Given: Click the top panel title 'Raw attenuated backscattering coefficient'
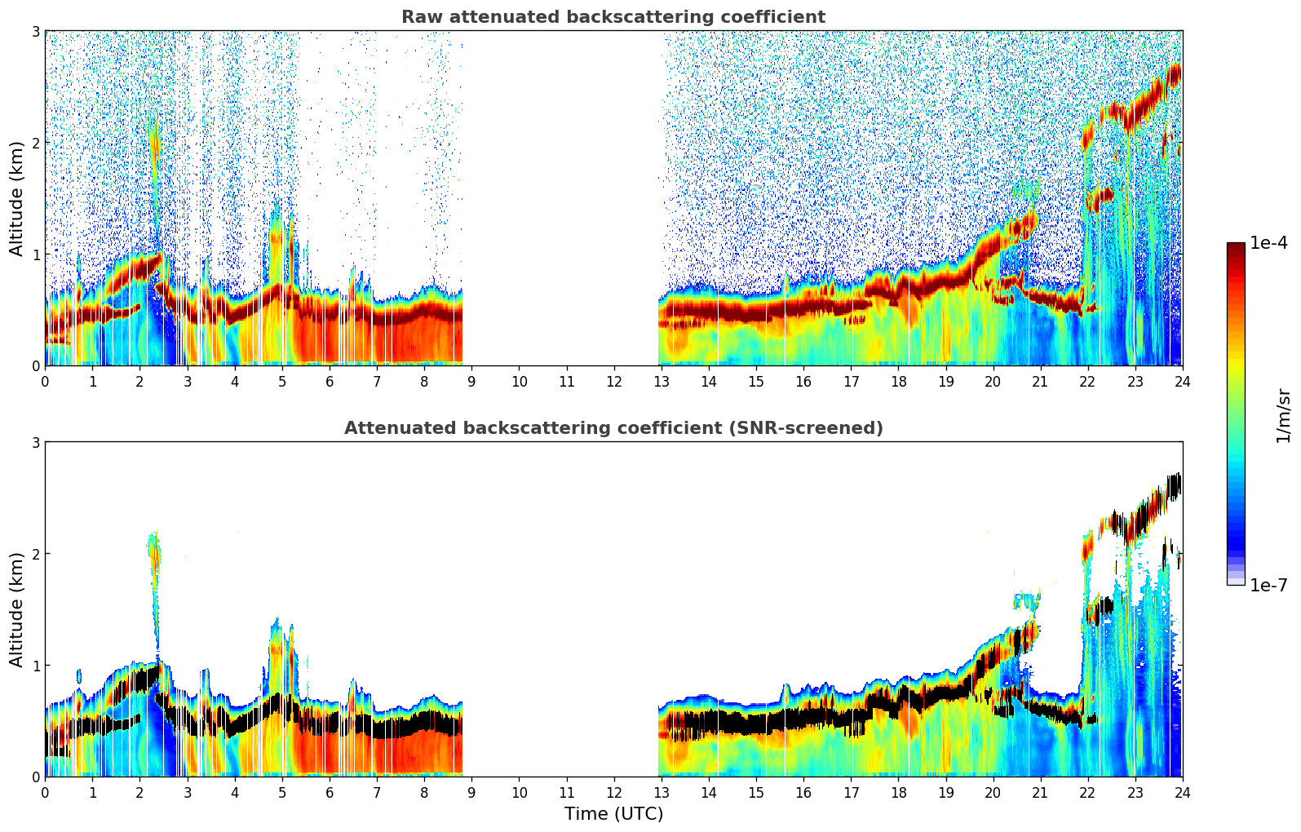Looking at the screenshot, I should pos(613,17).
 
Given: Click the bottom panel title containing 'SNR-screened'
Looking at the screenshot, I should pos(613,428).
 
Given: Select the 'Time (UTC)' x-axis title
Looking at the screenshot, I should pos(613,814).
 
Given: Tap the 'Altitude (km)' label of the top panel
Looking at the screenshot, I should pos(17,198).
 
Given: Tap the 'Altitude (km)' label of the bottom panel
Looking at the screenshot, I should pos(17,609).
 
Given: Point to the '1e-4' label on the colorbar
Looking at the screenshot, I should pos(1268,243).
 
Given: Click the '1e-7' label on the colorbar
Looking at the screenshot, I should pos(1268,585).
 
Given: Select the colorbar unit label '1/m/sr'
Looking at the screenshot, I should pos(1283,415).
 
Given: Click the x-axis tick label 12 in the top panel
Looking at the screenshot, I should pos(613,381).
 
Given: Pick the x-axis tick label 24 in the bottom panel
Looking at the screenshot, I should pos(1182,792).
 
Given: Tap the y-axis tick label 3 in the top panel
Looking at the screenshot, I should pos(36,31).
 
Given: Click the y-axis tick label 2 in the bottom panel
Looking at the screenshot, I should pos(36,554).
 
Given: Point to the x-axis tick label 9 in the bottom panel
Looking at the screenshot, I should pos(471,792).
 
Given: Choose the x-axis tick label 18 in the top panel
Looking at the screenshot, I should pos(898,381).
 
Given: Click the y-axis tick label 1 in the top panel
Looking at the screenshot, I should pos(36,254).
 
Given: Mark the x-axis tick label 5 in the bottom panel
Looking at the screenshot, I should pos(282,792).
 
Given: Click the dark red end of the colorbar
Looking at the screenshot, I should pos(1235,247).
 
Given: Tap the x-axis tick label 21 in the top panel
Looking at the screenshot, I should pos(1040,381).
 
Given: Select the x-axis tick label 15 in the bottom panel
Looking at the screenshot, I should pos(756,792).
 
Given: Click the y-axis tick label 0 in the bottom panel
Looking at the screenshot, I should pos(36,777).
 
